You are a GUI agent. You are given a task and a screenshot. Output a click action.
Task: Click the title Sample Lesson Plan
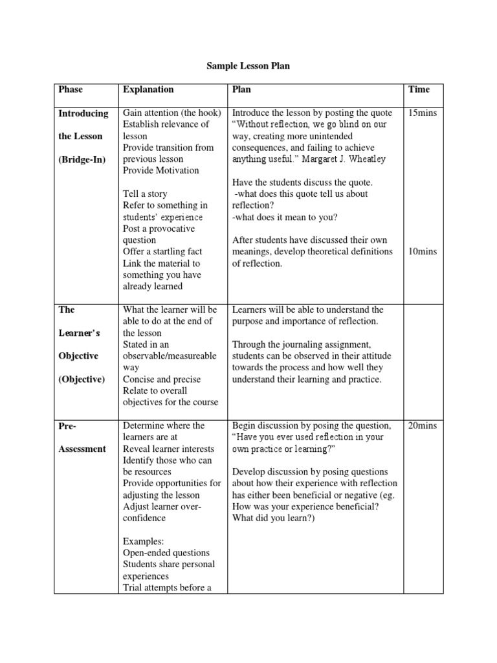point(248,66)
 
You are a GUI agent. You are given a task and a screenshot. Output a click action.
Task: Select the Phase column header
point(71,89)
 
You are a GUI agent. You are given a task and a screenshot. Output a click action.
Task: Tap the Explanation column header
point(148,89)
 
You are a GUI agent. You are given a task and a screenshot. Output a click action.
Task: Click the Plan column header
point(241,89)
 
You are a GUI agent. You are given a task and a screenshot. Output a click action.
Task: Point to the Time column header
point(419,89)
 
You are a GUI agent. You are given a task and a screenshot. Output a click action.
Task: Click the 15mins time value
point(423,113)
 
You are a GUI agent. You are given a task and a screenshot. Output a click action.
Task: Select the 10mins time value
point(423,251)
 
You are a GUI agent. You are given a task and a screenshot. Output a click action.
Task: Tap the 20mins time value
point(423,425)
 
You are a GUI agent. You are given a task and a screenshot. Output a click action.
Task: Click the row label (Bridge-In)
point(83,159)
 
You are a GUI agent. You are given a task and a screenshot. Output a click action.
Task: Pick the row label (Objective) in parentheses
point(82,379)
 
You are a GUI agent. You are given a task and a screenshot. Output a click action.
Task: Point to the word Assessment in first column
point(82,449)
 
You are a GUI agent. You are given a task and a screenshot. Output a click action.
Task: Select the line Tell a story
point(145,194)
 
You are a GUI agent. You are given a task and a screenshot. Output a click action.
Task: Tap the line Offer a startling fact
point(162,251)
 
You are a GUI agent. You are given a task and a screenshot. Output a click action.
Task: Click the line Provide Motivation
point(161,171)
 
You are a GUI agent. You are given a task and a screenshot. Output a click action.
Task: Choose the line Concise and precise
point(162,379)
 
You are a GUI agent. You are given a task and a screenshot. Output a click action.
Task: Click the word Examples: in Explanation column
point(144,541)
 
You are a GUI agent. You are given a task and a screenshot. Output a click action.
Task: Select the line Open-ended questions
point(166,553)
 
